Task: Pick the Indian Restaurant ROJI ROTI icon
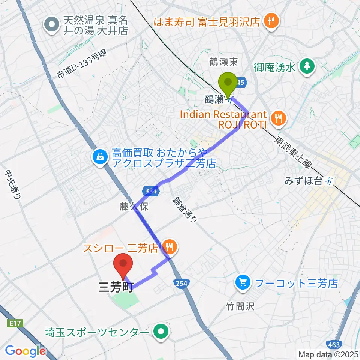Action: (278, 119)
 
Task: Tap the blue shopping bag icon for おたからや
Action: (100, 157)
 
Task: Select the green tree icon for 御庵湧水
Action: (307, 66)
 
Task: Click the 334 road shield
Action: (151, 191)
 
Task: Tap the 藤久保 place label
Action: (134, 207)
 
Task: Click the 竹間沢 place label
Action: (240, 306)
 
